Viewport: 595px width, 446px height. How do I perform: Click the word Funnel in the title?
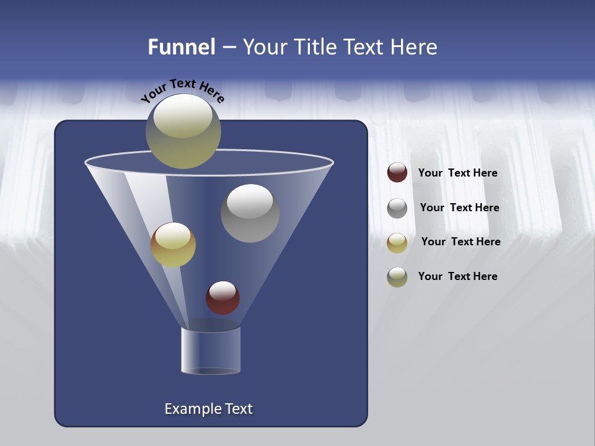pyautogui.click(x=182, y=47)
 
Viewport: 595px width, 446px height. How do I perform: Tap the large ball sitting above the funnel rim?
pyautogui.click(x=183, y=131)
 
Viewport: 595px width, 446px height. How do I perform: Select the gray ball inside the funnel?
pyautogui.click(x=250, y=213)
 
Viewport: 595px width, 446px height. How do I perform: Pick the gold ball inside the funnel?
pyautogui.click(x=173, y=245)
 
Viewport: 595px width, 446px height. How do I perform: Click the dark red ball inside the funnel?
pyautogui.click(x=223, y=298)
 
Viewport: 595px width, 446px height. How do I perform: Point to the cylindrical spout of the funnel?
pyautogui.click(x=211, y=351)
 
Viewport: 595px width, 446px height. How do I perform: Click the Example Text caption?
pyautogui.click(x=208, y=409)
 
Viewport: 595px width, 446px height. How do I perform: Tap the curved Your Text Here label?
pyautogui.click(x=183, y=91)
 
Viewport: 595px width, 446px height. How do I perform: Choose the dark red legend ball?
pyautogui.click(x=397, y=173)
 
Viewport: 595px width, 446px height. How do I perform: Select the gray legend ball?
pyautogui.click(x=397, y=208)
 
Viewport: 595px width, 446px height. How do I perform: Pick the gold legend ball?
pyautogui.click(x=397, y=243)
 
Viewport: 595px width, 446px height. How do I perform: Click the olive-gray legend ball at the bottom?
pyautogui.click(x=397, y=277)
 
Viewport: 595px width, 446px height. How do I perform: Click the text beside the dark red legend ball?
pyautogui.click(x=457, y=173)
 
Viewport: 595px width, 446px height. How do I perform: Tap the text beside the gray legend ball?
pyautogui.click(x=459, y=208)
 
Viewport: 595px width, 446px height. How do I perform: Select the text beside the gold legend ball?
pyautogui.click(x=461, y=242)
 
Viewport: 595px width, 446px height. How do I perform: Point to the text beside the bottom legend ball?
pyautogui.click(x=457, y=277)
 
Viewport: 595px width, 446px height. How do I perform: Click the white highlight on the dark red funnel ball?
pyautogui.click(x=223, y=289)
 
